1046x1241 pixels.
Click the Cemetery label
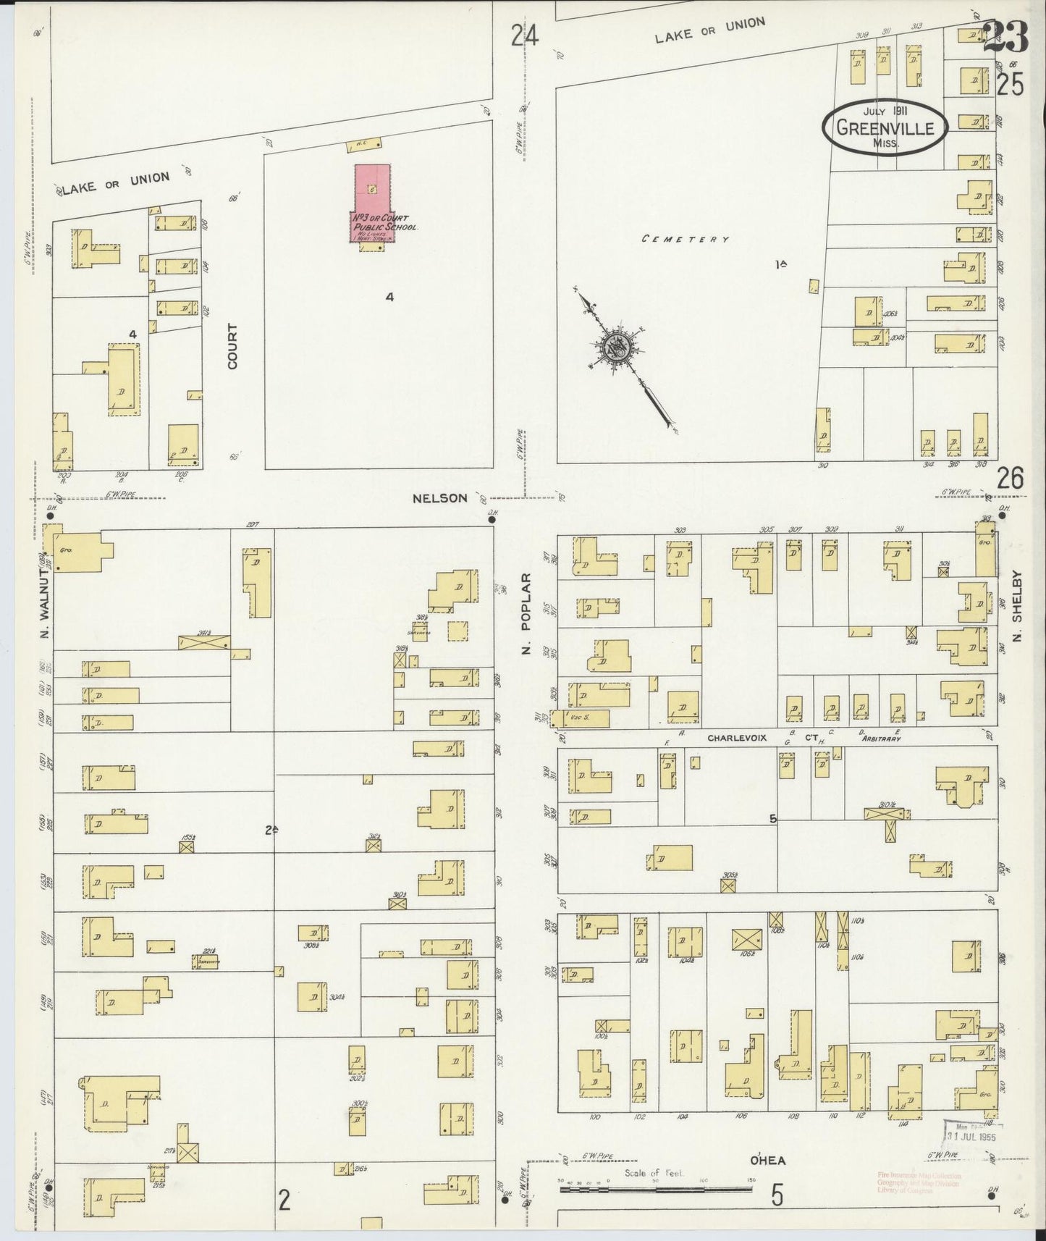click(x=685, y=239)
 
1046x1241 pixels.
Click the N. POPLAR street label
click(x=526, y=615)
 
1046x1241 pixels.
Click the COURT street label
click(x=232, y=346)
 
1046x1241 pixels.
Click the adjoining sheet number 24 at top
click(x=525, y=35)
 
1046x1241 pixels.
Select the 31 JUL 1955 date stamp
click(x=971, y=1137)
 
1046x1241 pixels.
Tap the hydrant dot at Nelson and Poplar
click(x=492, y=517)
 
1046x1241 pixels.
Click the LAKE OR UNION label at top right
click(x=709, y=30)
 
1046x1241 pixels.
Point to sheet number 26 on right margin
click(x=1010, y=479)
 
